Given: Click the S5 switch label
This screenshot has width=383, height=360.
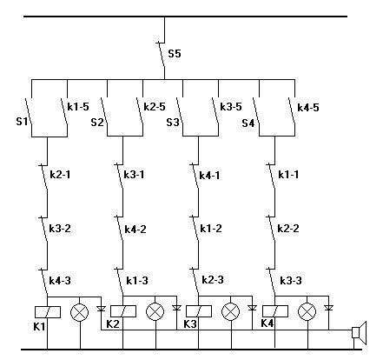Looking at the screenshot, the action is point(175,54).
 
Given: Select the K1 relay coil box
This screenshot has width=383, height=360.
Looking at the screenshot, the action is point(48,312).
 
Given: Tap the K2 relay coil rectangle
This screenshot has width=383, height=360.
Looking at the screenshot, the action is point(123,311).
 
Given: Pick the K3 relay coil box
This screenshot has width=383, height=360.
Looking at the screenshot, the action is point(199,311).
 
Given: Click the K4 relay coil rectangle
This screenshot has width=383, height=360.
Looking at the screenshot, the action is point(275,311).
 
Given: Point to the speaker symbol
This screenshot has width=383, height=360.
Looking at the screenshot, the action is point(360,332).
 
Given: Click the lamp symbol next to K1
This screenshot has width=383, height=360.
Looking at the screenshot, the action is point(80,312).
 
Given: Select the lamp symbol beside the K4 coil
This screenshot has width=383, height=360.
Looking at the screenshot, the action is point(307,312).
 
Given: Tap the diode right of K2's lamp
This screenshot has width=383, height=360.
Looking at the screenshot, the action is point(176,308).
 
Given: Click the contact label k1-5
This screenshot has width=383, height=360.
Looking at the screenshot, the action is point(78,107).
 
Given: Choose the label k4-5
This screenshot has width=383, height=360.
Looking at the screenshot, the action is point(308,107).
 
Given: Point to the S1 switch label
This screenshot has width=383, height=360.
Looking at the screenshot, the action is point(22,121).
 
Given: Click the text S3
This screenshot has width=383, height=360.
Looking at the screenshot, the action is point(173,123).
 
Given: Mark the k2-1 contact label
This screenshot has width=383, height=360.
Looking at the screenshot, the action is point(60,175).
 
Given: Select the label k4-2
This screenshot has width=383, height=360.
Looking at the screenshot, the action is point(135,230).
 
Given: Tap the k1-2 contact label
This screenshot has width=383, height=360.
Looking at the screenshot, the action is point(211,229).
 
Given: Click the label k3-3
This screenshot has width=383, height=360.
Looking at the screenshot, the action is point(291,280).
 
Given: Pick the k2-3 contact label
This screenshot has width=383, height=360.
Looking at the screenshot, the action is point(213,280).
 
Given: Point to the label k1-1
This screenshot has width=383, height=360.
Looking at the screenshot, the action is point(288,175).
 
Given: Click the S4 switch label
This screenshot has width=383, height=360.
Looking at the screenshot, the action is point(248,123).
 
